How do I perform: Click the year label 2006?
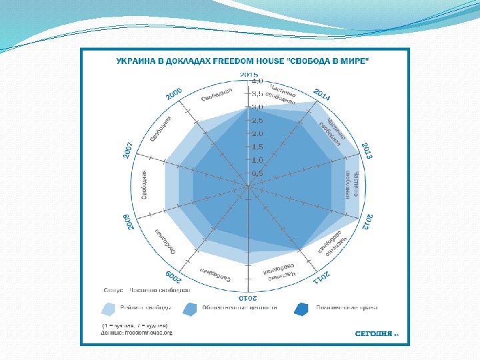174,96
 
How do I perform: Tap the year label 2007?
129,151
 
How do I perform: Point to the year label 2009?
171,277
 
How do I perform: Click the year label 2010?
247,297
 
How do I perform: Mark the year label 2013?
367,151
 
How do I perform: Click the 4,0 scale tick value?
257,81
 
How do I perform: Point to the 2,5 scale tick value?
257,121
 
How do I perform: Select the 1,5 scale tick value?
257,147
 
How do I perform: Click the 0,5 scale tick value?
257,173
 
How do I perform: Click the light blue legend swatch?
109,309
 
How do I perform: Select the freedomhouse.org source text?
145,332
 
